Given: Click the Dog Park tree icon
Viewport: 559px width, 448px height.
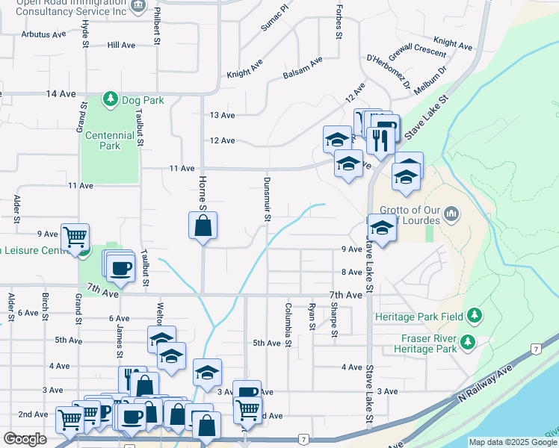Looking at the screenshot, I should coord(111,99).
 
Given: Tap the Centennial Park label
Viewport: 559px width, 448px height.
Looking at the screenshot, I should coord(110,140).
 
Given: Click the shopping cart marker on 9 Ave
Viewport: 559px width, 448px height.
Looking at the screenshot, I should coord(75,237).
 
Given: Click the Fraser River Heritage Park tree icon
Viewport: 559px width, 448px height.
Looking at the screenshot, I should coord(468,342).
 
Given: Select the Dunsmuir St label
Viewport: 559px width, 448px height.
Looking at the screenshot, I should coord(267,199).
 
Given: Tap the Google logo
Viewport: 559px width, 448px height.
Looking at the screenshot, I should coord(25,439).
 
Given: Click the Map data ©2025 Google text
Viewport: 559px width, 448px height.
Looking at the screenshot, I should coord(513,442).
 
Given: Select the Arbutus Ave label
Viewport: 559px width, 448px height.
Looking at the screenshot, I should coord(43,34).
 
